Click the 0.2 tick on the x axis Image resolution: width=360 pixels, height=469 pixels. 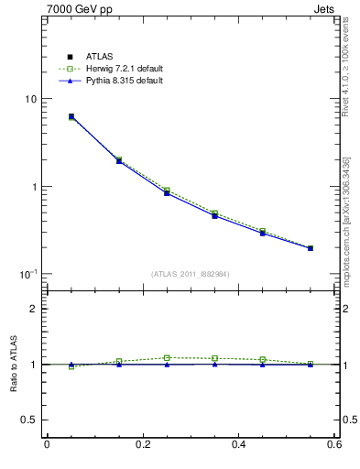coord(142,445)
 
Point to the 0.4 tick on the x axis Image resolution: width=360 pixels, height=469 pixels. coord(238,445)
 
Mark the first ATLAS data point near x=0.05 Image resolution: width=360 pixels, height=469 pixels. coord(71,116)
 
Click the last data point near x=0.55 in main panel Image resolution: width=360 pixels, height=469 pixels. coord(311,248)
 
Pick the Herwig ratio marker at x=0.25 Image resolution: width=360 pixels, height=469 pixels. coord(167,358)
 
